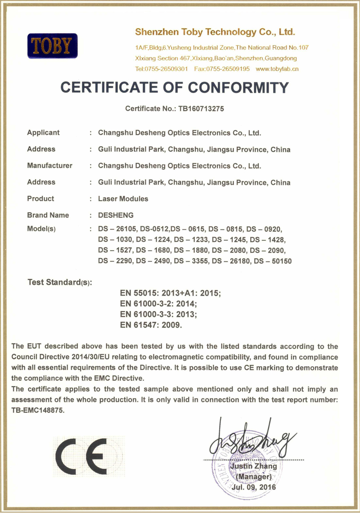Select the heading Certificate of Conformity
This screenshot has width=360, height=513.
(x=174, y=87)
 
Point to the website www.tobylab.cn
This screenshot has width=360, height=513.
(x=277, y=69)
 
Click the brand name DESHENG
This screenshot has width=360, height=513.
(x=116, y=215)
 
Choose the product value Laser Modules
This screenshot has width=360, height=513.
(x=123, y=198)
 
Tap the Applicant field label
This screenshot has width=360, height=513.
(x=43, y=133)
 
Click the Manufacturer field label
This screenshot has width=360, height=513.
(x=49, y=166)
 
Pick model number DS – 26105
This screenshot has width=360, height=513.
(x=115, y=229)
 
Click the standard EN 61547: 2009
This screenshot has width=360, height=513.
(x=151, y=324)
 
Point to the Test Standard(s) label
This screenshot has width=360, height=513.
(x=59, y=283)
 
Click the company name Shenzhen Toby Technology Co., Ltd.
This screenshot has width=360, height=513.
(x=215, y=32)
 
